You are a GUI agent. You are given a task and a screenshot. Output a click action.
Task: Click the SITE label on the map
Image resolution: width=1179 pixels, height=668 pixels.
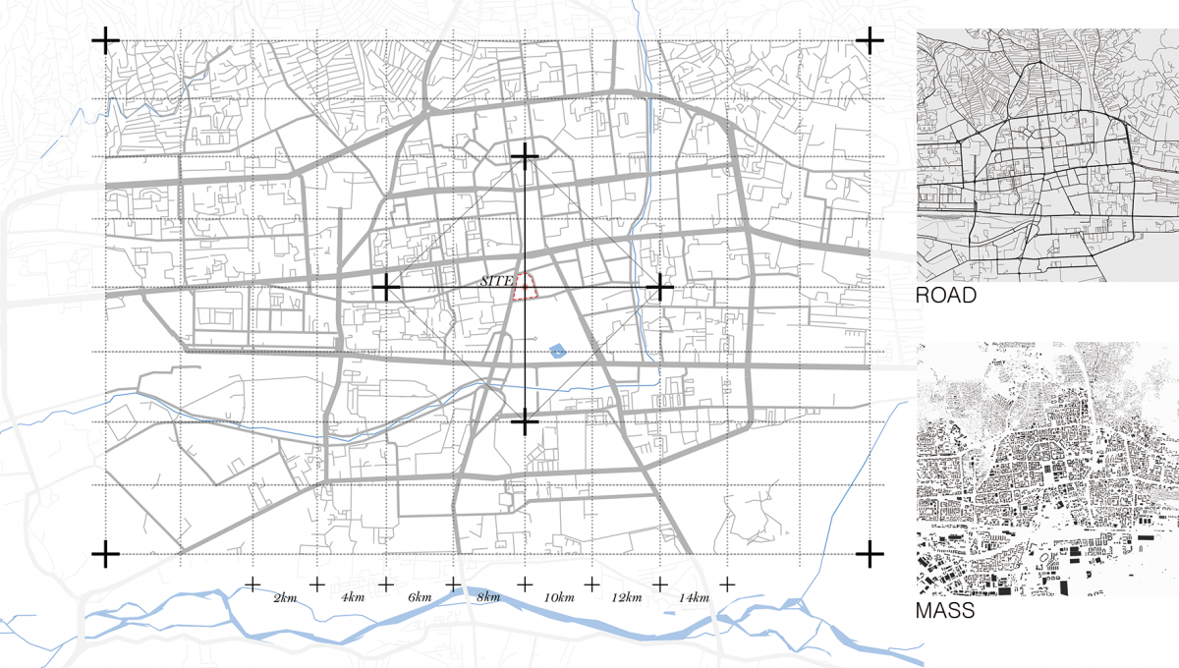click(x=496, y=281)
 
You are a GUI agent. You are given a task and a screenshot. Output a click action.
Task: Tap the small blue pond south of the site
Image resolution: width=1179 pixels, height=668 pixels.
click(x=557, y=349)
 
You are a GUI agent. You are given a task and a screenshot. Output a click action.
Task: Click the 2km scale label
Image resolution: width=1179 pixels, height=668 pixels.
click(x=285, y=598)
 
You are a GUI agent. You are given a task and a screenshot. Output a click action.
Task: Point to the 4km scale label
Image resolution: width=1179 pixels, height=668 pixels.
click(x=351, y=598)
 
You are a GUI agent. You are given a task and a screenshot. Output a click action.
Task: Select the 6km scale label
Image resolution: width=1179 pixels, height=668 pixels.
click(x=419, y=598)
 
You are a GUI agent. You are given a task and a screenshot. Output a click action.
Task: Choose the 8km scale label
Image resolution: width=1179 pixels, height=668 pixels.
click(x=487, y=598)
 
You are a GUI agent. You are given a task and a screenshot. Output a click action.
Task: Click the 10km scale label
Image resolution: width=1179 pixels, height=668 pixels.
click(x=558, y=598)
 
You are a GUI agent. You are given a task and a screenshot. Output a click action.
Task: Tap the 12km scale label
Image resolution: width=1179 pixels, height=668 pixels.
click(x=626, y=598)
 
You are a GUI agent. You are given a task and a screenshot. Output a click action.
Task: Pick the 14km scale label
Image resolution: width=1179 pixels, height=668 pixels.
click(x=694, y=598)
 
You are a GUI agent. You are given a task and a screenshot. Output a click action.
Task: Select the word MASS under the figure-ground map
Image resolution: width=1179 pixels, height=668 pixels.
click(x=945, y=612)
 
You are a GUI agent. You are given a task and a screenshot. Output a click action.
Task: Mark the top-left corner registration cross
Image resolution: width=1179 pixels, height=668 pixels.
click(x=105, y=40)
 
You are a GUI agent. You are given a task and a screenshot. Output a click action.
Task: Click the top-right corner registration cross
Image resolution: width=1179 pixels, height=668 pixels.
click(x=870, y=40)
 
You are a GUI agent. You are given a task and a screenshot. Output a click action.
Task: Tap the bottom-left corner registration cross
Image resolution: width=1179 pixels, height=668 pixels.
click(x=105, y=554)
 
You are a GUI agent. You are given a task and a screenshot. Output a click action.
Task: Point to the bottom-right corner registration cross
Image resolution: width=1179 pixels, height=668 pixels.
click(x=870, y=554)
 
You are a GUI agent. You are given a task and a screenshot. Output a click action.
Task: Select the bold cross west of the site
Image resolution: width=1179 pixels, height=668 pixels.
click(x=386, y=288)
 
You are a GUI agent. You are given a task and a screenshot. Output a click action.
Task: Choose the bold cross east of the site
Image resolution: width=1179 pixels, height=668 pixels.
click(x=661, y=288)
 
